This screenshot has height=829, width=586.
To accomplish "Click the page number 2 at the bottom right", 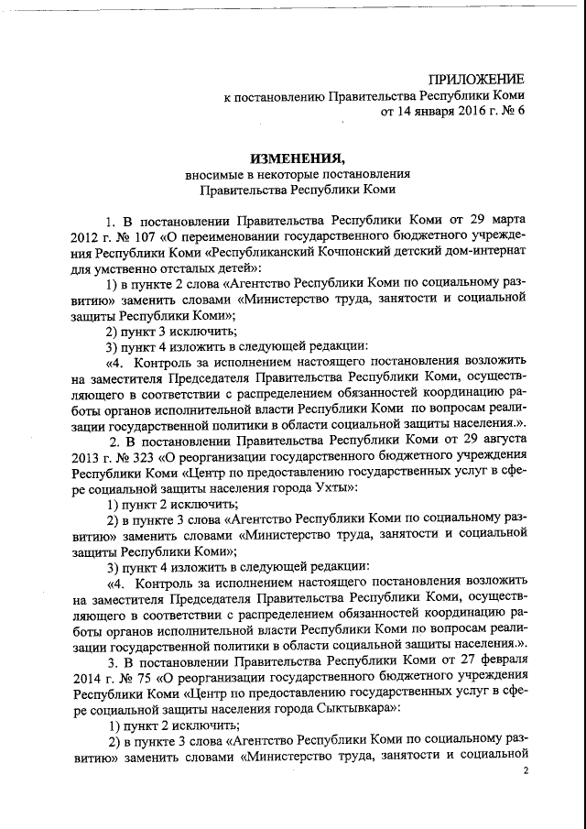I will point(526,772).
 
